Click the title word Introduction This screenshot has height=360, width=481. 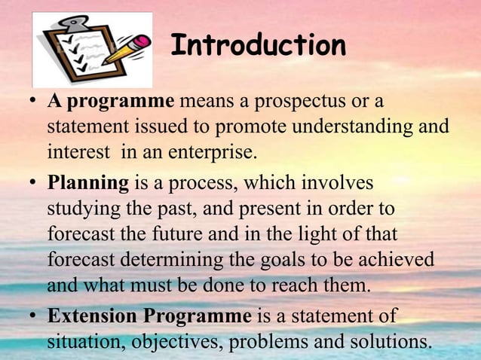[x=258, y=46]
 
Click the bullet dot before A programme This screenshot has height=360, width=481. [x=34, y=101]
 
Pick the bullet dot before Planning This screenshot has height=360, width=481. [x=34, y=184]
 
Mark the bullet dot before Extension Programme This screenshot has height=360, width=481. [x=34, y=316]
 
